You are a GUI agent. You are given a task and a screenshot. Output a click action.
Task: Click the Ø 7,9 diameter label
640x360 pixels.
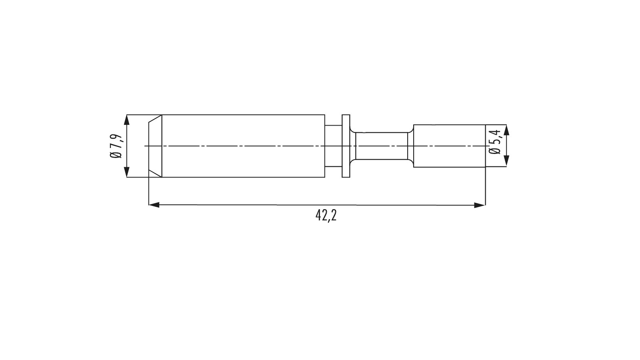(x=116, y=146)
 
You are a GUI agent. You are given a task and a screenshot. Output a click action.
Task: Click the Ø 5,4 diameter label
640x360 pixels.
(x=494, y=142)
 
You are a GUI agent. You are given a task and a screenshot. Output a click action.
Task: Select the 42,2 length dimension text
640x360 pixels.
(x=326, y=216)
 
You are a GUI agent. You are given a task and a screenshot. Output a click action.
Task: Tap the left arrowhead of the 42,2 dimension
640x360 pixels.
(x=154, y=205)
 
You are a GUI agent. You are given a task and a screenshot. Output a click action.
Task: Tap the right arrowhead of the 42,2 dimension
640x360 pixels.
(x=480, y=205)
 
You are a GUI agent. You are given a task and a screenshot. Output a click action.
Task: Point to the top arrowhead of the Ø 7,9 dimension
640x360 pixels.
(x=127, y=120)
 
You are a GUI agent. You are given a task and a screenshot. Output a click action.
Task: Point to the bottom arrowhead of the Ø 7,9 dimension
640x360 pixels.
(x=127, y=172)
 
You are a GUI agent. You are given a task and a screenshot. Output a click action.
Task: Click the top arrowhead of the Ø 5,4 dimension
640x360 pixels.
(x=506, y=130)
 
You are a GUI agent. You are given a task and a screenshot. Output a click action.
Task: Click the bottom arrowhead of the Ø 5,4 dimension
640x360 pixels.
(x=506, y=162)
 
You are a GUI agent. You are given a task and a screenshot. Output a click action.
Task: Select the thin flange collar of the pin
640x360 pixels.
(x=346, y=146)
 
